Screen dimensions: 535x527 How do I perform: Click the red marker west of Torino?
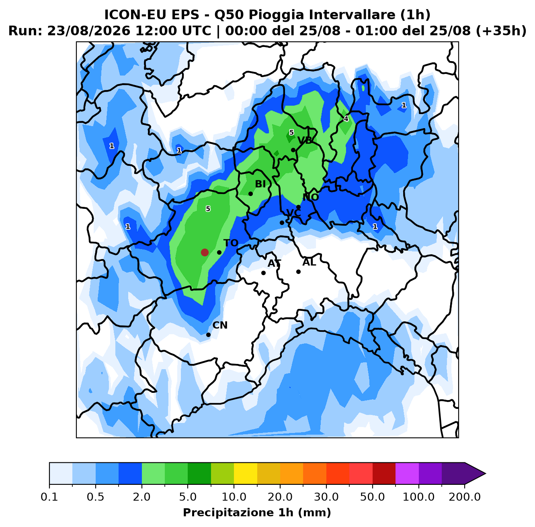tap(205, 252)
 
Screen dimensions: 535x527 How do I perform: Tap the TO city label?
tap(231, 243)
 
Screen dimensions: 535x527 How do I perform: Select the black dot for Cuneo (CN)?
tap(208, 335)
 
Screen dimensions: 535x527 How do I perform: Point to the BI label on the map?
tap(260, 184)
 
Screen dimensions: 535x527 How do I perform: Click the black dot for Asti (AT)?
tap(263, 273)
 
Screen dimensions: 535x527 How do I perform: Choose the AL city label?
tap(309, 262)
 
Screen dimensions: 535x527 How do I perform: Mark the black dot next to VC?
tap(282, 223)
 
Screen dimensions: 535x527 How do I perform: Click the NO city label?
tap(310, 197)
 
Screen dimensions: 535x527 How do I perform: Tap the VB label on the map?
tap(305, 140)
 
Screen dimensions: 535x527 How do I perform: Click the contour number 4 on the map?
tap(346, 119)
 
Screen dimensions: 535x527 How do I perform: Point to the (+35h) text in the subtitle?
tap(501, 31)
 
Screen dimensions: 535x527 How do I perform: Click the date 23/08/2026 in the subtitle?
tap(89, 31)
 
